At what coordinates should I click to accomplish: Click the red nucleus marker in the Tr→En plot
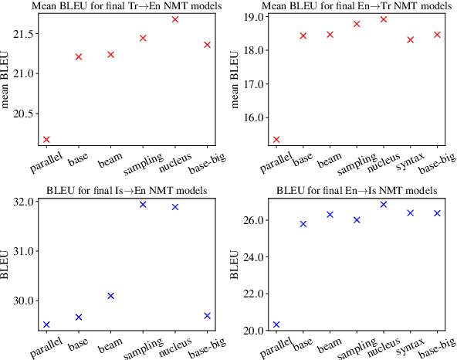coord(175,19)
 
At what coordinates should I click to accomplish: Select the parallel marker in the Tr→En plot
coord(46,140)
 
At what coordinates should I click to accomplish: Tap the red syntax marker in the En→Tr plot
coord(410,40)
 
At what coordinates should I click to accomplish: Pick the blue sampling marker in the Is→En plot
coord(143,205)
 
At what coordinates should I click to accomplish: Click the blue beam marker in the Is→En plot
coord(110,296)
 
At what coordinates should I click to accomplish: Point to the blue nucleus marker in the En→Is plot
coord(384,205)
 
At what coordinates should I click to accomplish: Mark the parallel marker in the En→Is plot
coord(276,324)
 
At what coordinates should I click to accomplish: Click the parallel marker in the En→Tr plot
coord(276,140)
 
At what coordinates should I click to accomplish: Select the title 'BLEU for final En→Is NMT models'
coord(357,191)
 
